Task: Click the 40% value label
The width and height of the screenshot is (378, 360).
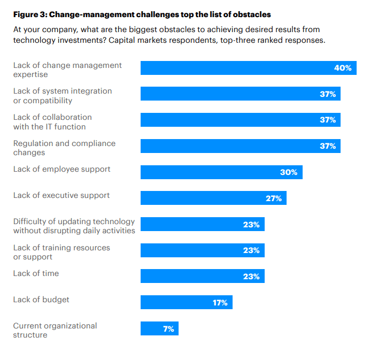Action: coord(343,68)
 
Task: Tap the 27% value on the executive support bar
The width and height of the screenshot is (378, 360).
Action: coord(273,198)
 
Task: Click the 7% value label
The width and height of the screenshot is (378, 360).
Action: coord(168,329)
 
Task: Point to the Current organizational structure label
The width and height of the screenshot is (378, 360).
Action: coord(55,330)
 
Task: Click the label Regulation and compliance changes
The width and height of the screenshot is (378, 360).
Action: coord(64,148)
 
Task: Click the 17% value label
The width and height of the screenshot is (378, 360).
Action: coord(220,303)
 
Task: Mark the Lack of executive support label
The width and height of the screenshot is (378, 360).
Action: coord(61,195)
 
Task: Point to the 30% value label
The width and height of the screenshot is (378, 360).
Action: coord(289,172)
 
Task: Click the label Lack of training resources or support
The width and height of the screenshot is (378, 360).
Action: coord(61,252)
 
